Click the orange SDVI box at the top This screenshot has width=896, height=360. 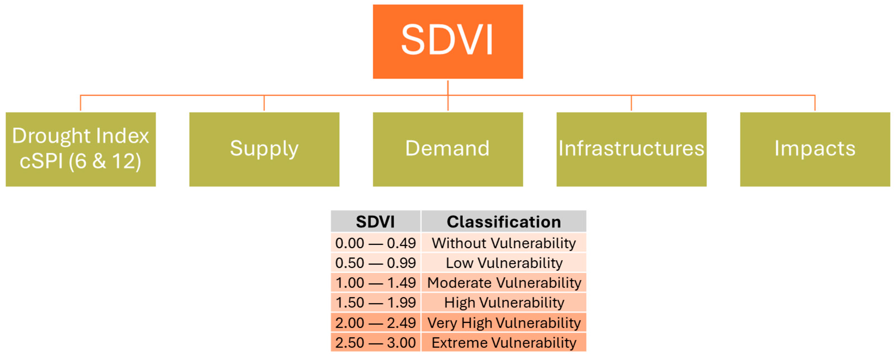click(x=448, y=41)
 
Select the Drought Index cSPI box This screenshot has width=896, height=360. click(x=81, y=149)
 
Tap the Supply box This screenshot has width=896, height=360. click(x=264, y=149)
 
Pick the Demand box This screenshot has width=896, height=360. click(x=448, y=149)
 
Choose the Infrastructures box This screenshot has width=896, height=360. click(x=631, y=149)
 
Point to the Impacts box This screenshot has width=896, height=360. click(x=815, y=149)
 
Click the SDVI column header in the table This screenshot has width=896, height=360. click(x=376, y=221)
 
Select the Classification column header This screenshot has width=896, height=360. click(x=504, y=221)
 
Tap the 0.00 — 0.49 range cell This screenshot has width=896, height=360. click(x=376, y=242)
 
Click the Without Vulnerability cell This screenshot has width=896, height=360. click(x=504, y=242)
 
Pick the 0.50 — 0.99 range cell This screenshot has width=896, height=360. click(x=376, y=263)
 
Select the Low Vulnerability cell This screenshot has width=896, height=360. click(x=504, y=263)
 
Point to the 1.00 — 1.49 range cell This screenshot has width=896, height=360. click(x=376, y=283)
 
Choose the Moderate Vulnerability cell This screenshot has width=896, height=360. click(x=504, y=283)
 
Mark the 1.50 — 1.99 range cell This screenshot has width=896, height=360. click(x=376, y=302)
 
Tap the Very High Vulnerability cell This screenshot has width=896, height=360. click(x=504, y=322)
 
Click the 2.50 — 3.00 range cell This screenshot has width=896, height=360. click(x=376, y=342)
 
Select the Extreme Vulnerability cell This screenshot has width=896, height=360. click(x=504, y=342)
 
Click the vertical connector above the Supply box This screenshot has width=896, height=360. click(x=264, y=103)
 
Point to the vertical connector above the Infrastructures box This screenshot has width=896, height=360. click(x=631, y=103)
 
